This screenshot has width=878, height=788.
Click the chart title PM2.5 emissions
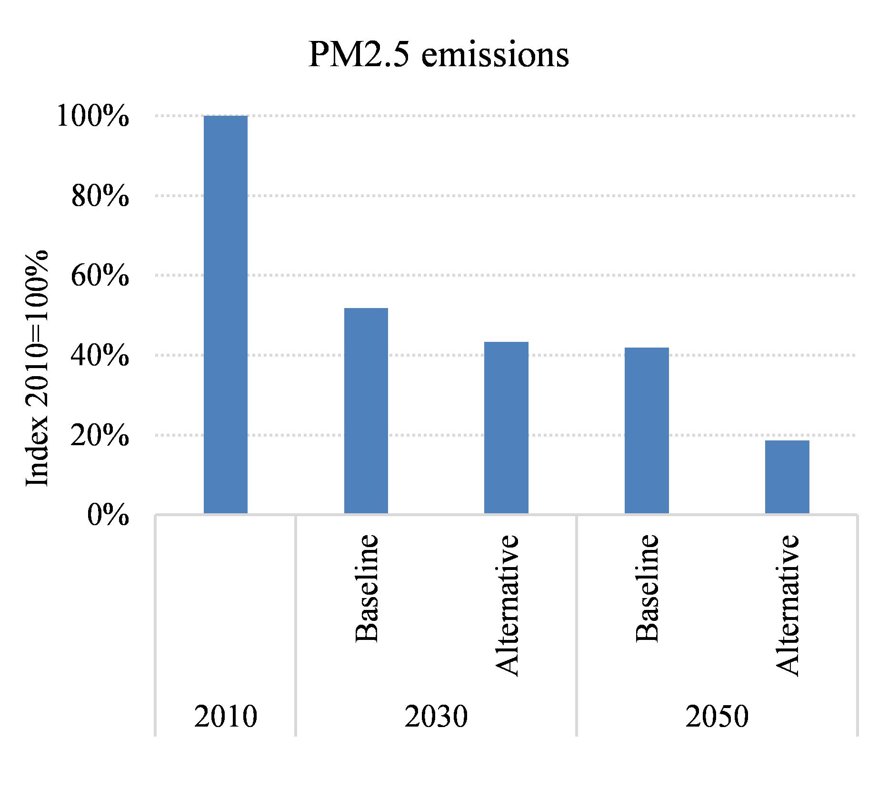pyautogui.click(x=439, y=55)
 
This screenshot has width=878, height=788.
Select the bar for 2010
pyautogui.click(x=226, y=314)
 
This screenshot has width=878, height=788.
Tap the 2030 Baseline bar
pyautogui.click(x=366, y=410)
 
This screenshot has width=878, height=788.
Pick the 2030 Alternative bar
pyautogui.click(x=506, y=428)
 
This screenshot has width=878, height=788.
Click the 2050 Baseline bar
pyautogui.click(x=647, y=430)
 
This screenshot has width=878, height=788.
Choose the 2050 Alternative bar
pyautogui.click(x=787, y=477)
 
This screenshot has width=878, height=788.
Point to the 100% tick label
pyautogui.click(x=93, y=116)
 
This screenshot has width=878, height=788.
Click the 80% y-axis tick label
pyautogui.click(x=100, y=196)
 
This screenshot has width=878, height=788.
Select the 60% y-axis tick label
pyautogui.click(x=100, y=276)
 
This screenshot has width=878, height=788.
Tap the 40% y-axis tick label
pyautogui.click(x=100, y=356)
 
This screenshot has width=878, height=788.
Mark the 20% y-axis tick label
pyautogui.click(x=100, y=436)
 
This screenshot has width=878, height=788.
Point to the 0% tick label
pyautogui.click(x=108, y=516)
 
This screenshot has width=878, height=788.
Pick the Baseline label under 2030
pyautogui.click(x=367, y=589)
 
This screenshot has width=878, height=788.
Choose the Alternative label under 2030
pyautogui.click(x=507, y=605)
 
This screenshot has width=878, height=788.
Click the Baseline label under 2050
pyautogui.click(x=648, y=589)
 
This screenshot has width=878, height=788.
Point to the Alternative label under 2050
pyautogui.click(x=788, y=605)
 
